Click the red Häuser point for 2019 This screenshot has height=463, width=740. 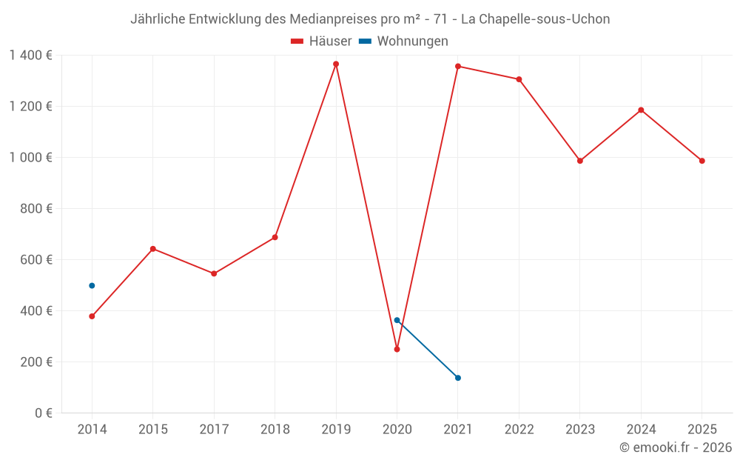[336, 64]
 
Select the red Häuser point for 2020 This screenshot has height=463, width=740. [397, 349]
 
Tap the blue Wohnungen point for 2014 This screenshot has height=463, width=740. [92, 285]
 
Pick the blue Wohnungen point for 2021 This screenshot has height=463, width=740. [458, 378]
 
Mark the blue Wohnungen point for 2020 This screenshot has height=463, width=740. [397, 320]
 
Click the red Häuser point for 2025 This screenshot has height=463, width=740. [702, 161]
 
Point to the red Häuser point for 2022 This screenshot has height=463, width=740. [519, 79]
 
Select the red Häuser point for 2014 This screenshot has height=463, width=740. [92, 316]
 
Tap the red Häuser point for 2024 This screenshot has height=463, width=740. [641, 110]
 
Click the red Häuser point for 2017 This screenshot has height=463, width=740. [214, 273]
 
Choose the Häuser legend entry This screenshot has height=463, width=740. [321, 41]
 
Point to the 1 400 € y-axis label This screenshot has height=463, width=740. [30, 56]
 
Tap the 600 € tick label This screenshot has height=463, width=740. [36, 260]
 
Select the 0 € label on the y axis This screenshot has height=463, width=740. [42, 413]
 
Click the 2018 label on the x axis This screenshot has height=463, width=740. [275, 430]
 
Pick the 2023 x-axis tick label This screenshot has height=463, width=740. [580, 430]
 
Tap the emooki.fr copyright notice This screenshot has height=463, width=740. [676, 447]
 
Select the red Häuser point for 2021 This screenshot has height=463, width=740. [458, 66]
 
